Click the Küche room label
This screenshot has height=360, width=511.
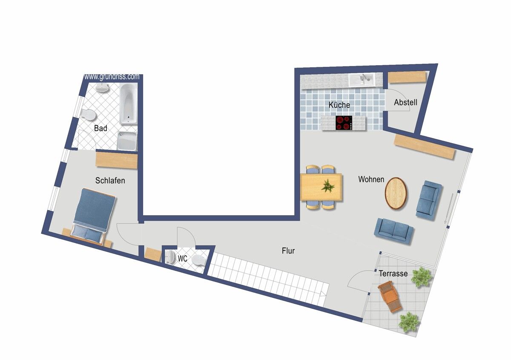pyautogui.click(x=339, y=105)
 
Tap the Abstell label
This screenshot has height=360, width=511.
pyautogui.click(x=405, y=102)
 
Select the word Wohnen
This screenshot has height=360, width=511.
pyautogui.click(x=371, y=179)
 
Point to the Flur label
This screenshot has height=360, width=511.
pyautogui.click(x=288, y=251)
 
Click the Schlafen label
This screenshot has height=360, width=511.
pyautogui.click(x=110, y=181)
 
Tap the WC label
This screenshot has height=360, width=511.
pyautogui.click(x=183, y=259)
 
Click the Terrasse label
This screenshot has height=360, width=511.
pyautogui.click(x=393, y=274)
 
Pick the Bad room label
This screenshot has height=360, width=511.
pyautogui.click(x=100, y=128)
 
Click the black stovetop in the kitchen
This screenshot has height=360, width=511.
pyautogui.click(x=344, y=123)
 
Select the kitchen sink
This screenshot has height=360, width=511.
pyautogui.click(x=362, y=80)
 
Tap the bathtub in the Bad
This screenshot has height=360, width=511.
pyautogui.click(x=129, y=104)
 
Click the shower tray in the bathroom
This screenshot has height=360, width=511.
pyautogui.click(x=127, y=141)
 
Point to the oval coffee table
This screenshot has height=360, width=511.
pyautogui.click(x=396, y=193)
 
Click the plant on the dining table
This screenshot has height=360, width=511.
pyautogui.click(x=328, y=186)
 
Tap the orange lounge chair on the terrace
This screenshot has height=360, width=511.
pyautogui.click(x=390, y=297)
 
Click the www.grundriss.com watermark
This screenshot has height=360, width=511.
pyautogui.click(x=112, y=77)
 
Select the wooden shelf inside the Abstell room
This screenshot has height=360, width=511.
pyautogui.click(x=407, y=77)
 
